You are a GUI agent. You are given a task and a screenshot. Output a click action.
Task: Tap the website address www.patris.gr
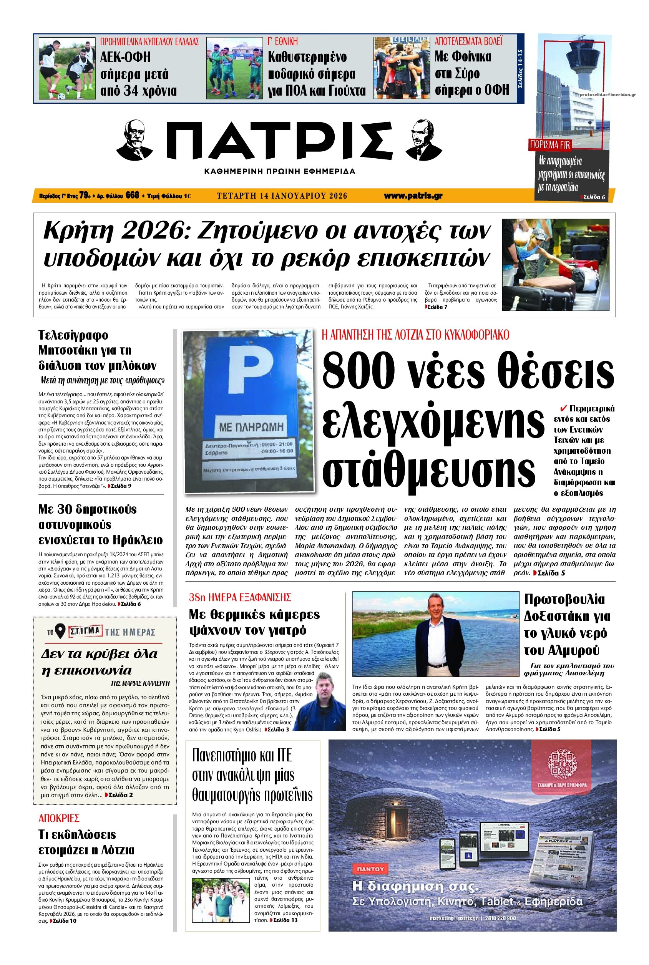tap(413, 196)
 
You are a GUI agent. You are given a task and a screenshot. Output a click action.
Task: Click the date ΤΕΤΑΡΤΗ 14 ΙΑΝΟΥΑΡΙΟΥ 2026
tap(282, 196)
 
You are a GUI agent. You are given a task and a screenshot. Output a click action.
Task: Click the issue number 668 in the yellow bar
tap(132, 196)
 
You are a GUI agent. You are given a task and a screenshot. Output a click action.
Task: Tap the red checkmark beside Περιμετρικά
tap(563, 408)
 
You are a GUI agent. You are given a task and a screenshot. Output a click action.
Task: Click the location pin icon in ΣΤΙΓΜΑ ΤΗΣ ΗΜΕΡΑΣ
tap(61, 632)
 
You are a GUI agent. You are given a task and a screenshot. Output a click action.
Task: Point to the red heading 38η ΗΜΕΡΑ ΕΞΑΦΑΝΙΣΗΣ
tap(240, 597)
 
